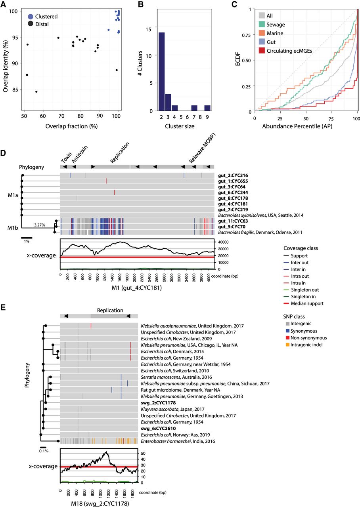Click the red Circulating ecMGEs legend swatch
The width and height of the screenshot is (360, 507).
tap(262, 50)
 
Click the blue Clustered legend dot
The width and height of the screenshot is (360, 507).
tap(31, 17)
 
